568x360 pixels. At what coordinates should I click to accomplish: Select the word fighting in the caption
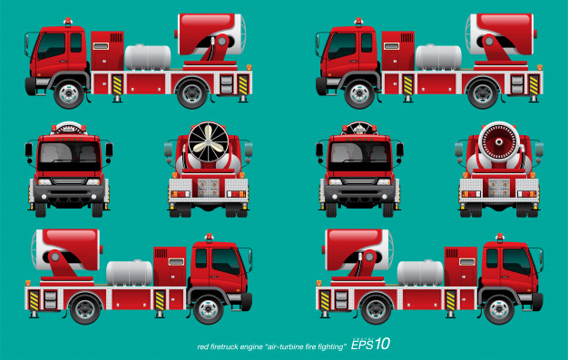(x=330, y=347)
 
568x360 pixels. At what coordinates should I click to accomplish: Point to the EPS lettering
(x=362, y=345)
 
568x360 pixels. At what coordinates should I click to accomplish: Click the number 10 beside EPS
(x=382, y=344)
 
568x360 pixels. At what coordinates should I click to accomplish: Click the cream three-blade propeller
(x=209, y=142)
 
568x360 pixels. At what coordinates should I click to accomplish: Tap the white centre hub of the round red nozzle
(x=499, y=141)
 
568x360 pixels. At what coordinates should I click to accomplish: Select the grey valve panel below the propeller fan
(x=209, y=187)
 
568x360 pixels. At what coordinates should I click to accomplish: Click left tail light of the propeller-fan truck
(x=180, y=194)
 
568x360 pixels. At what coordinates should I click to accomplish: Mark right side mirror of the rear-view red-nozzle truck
(x=539, y=150)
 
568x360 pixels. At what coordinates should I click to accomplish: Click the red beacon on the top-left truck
(x=68, y=22)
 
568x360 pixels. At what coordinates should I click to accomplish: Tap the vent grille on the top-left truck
(x=116, y=38)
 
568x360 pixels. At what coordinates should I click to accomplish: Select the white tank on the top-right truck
(x=438, y=57)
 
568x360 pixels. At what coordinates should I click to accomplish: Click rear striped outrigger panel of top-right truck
(x=534, y=84)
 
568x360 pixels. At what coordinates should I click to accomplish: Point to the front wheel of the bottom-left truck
(x=209, y=309)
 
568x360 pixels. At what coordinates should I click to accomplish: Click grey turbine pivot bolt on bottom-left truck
(x=55, y=258)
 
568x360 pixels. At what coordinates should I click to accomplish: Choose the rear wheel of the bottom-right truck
(x=376, y=309)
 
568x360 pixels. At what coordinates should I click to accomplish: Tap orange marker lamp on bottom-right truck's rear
(x=318, y=283)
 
